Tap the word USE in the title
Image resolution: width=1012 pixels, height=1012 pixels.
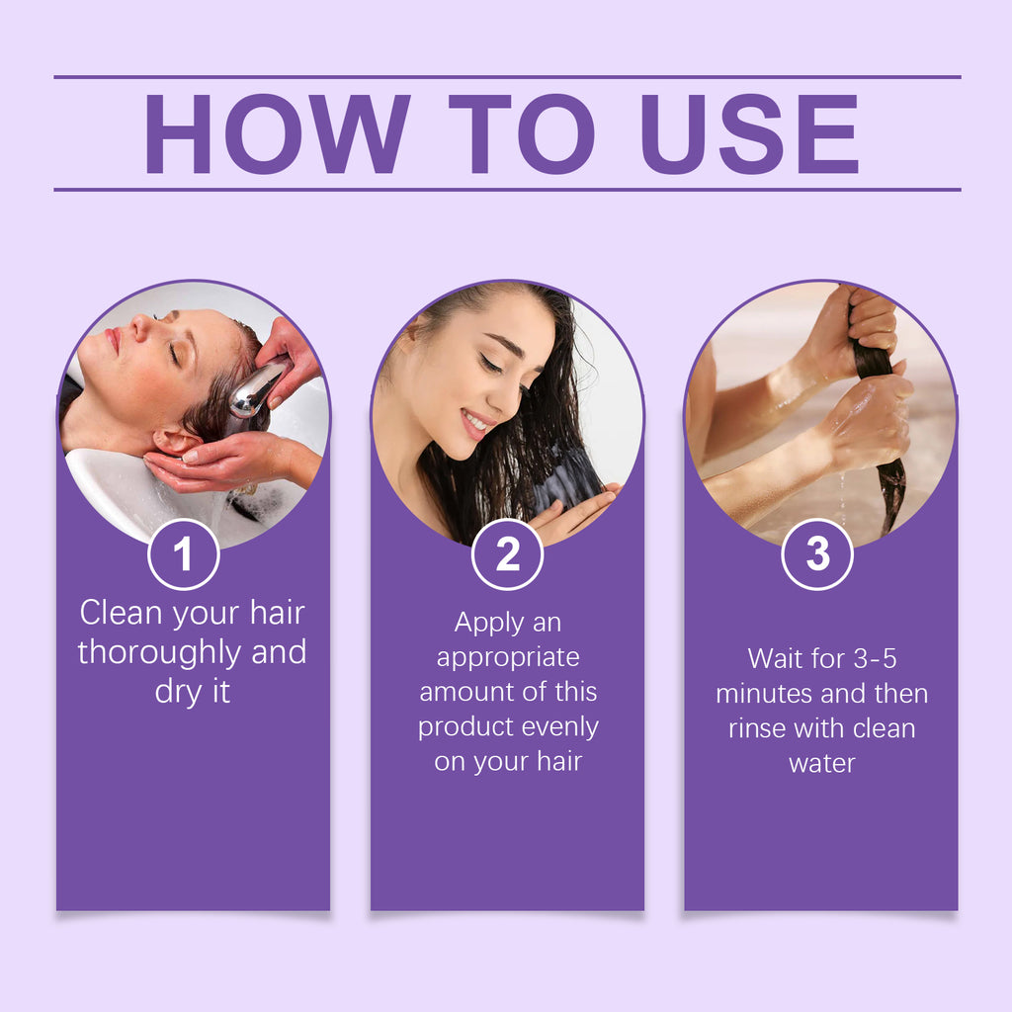[749, 133]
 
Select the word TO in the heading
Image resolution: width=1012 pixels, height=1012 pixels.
[522, 133]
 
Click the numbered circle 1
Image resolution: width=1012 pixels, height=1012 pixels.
[183, 553]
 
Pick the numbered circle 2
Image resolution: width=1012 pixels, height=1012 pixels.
[507, 553]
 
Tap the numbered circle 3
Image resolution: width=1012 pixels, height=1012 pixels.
[817, 553]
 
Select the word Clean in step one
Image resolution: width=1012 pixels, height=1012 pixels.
[121, 613]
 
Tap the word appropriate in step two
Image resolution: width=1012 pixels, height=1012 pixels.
[508, 658]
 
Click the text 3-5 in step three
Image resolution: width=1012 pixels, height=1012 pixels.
[876, 659]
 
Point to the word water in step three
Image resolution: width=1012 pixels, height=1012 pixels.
[821, 764]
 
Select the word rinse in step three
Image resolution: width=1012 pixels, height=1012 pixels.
[757, 728]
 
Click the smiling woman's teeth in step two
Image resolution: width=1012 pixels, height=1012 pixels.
[475, 423]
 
